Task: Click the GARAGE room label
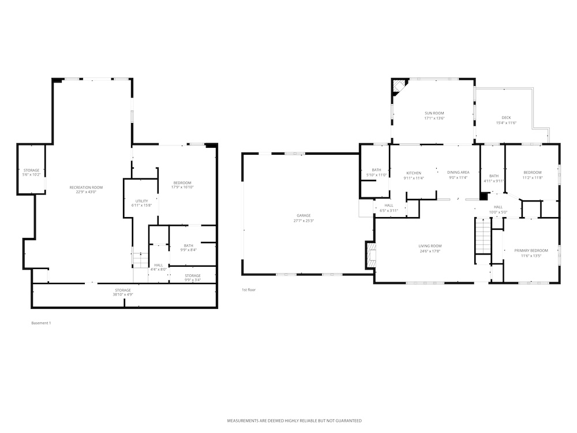[304, 215]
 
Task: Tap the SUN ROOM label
[434, 113]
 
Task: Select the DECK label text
[507, 117]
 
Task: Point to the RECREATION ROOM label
[86, 188]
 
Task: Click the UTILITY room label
[142, 201]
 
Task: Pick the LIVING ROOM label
[430, 246]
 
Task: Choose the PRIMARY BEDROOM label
[531, 251]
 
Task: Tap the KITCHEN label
[414, 173]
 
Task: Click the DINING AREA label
[458, 172]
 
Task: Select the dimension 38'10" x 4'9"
[122, 294]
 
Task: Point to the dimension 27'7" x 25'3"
[304, 221]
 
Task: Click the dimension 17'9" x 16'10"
[182, 187]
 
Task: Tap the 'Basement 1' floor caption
[41, 323]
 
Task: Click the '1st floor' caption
[248, 290]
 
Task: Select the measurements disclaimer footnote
[294, 420]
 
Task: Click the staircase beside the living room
[484, 236]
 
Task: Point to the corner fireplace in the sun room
[399, 87]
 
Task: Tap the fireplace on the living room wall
[371, 255]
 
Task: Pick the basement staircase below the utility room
[140, 260]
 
